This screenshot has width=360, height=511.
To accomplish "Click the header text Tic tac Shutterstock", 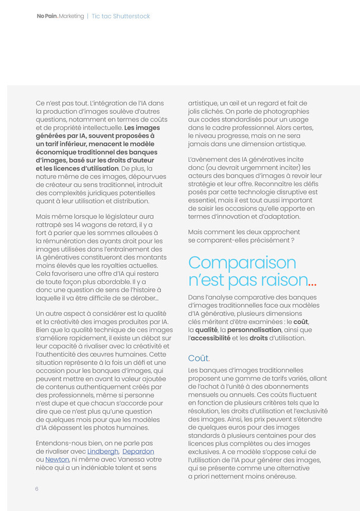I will click(121, 16).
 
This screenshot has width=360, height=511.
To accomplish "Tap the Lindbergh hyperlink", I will click(102, 451).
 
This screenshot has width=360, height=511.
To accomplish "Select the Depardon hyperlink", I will click(138, 451).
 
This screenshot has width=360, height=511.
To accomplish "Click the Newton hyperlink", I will click(57, 460).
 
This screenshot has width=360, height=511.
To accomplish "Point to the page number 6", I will click(37, 489).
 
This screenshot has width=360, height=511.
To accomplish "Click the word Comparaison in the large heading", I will click(242, 262).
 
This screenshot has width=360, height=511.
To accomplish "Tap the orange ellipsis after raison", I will click(312, 283).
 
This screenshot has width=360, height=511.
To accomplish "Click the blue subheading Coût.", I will click(199, 358).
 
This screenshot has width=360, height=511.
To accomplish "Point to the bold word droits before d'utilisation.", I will click(259, 338).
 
